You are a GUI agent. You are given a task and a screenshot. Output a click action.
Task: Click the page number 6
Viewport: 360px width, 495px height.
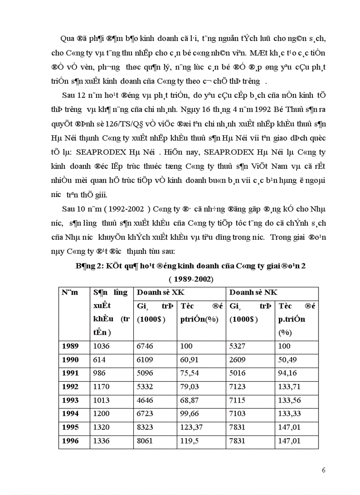click(323, 469)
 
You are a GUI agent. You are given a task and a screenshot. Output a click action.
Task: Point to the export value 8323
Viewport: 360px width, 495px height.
click(146, 427)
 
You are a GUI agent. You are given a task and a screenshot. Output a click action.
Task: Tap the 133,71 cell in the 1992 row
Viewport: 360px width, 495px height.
click(290, 387)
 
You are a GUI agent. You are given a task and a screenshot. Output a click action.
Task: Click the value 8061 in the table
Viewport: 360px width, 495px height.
click(146, 441)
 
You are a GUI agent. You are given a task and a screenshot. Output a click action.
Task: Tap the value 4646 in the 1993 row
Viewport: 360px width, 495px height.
click(146, 400)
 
